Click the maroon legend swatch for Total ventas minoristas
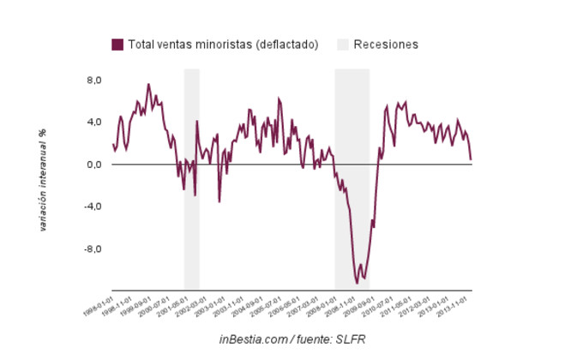(x=117, y=45)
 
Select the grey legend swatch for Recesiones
(x=343, y=45)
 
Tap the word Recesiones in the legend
(x=386, y=45)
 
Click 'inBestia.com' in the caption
(x=254, y=341)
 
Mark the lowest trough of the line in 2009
(x=358, y=283)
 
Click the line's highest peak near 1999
(x=148, y=84)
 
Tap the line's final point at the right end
(x=471, y=159)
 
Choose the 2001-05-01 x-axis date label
(x=177, y=306)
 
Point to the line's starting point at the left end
(x=112, y=145)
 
